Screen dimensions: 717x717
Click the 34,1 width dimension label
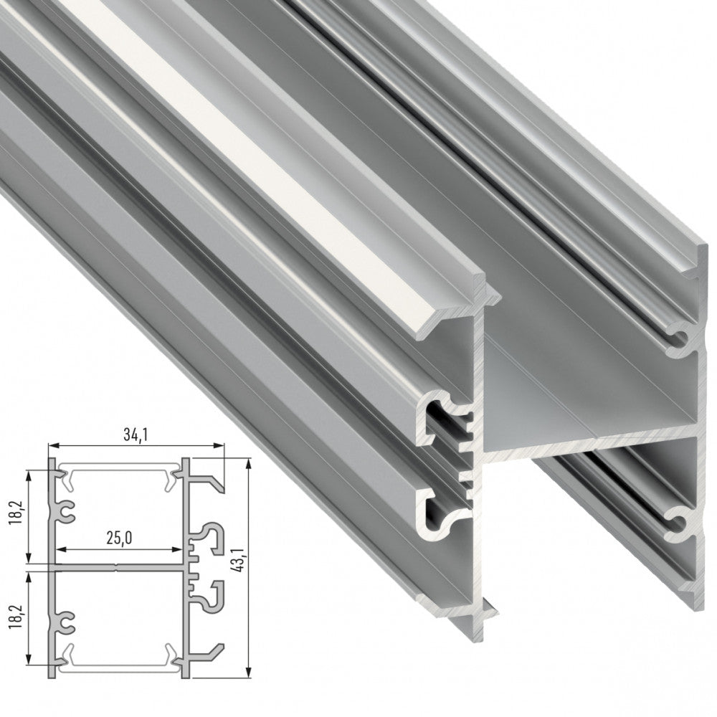(x=135, y=436)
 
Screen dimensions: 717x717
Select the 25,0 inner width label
(x=119, y=538)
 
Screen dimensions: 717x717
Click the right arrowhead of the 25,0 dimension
(x=177, y=549)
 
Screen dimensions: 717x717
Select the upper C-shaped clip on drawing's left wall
(x=66, y=511)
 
